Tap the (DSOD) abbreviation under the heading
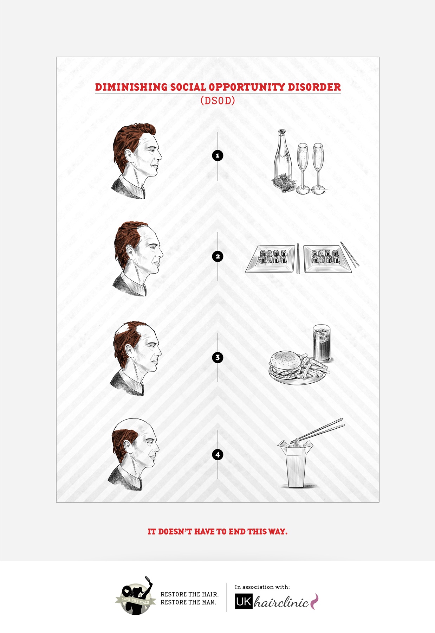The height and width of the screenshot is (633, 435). coord(217,101)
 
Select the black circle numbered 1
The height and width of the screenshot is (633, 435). coord(218,155)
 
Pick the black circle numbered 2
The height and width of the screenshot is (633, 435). coord(218,256)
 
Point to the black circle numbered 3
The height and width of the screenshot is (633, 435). coord(218,358)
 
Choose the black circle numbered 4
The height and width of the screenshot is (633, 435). coord(218,455)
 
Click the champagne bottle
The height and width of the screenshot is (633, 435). coord(283,158)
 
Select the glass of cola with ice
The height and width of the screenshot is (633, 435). coord(322,343)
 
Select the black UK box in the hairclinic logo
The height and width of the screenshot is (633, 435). coord(244,602)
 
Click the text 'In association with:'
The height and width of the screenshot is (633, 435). coord(262,587)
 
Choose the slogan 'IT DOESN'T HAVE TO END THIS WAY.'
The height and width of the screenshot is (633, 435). coord(217,531)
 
